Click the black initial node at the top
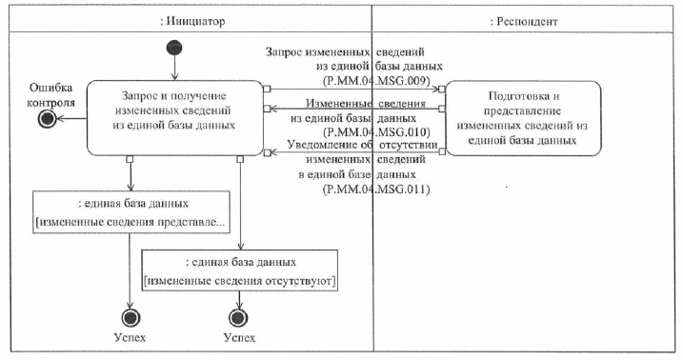point(174,48)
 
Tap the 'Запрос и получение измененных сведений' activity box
point(174,117)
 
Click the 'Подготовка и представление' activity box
point(523,117)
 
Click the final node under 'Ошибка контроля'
point(44,118)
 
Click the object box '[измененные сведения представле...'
point(131,211)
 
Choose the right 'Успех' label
point(240,337)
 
